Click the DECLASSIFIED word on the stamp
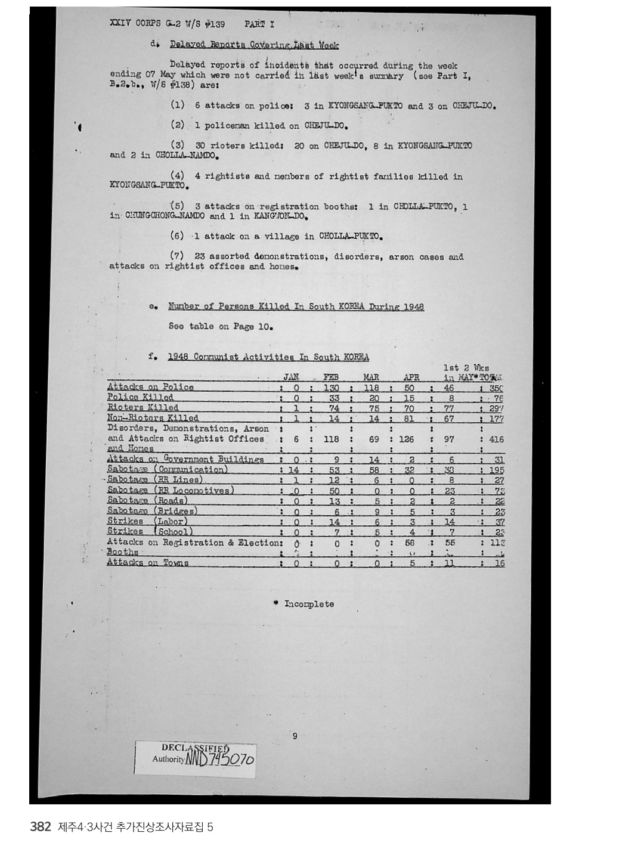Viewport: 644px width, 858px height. [x=195, y=749]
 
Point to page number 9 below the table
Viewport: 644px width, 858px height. [x=295, y=736]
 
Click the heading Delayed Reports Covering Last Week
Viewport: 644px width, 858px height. [x=254, y=45]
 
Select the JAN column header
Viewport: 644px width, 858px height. [x=291, y=377]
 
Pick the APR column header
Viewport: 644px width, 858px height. [x=411, y=377]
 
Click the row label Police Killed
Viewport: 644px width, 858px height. [x=140, y=398]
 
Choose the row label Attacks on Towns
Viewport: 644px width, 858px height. [x=147, y=563]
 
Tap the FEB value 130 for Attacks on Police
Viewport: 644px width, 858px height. [x=331, y=388]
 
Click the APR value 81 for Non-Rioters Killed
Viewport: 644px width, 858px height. [x=410, y=419]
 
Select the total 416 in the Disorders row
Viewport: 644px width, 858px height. [x=496, y=439]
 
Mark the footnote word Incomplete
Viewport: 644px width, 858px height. [x=309, y=604]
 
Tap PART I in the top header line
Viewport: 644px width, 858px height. [x=259, y=24]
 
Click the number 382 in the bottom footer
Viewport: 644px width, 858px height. [x=41, y=827]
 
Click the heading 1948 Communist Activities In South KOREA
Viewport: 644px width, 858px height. [x=268, y=357]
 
